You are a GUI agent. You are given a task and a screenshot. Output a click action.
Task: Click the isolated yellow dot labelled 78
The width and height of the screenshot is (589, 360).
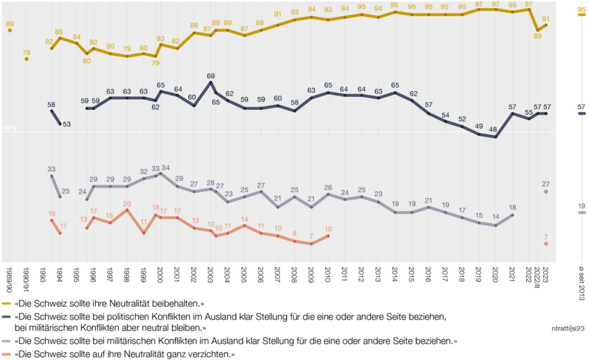[x=26, y=59]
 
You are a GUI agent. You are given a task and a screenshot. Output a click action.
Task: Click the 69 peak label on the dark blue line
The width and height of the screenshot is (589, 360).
[x=211, y=76]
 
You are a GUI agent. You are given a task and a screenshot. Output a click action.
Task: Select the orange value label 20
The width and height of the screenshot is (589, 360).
[x=127, y=203]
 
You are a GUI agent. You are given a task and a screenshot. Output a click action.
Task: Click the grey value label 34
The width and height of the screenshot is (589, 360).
[x=166, y=168]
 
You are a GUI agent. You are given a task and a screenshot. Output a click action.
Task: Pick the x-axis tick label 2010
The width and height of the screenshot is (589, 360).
[x=328, y=274]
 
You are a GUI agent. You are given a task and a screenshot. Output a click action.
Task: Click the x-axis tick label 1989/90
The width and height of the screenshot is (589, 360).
[x=9, y=277]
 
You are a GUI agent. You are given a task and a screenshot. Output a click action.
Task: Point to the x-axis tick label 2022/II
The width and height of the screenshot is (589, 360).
[x=537, y=277]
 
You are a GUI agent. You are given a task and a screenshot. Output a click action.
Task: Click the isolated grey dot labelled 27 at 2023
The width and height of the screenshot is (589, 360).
[x=546, y=192]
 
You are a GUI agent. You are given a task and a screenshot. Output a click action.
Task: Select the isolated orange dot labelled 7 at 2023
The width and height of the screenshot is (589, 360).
[x=546, y=243]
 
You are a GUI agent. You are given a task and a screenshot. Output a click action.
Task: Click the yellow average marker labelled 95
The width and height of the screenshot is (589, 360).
[x=582, y=18]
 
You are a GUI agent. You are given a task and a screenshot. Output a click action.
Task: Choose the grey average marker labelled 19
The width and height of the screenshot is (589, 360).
[x=582, y=213]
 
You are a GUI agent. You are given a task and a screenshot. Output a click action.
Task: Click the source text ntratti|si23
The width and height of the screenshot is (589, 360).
[x=567, y=328]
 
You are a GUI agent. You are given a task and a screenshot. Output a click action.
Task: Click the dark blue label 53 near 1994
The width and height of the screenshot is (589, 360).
[x=67, y=123]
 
